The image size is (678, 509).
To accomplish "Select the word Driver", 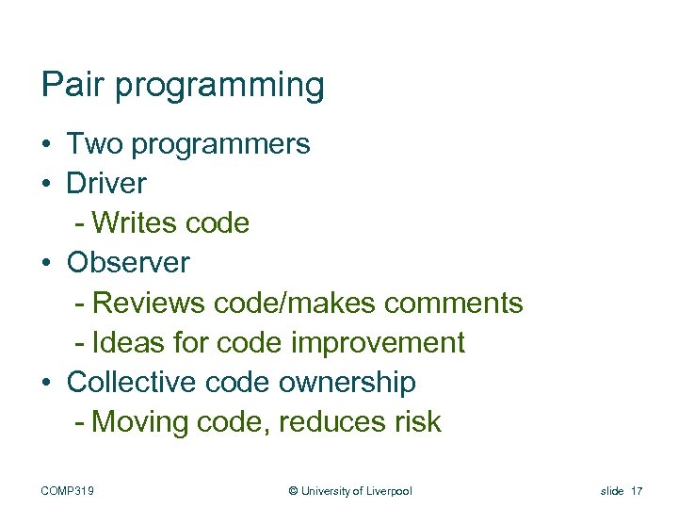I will pos(106,183).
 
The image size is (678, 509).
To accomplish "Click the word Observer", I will pos(128,263).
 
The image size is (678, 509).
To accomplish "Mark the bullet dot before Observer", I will pos(47,264).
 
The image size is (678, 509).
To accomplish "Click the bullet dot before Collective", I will pos(47,383).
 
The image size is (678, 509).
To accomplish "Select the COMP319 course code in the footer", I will pos(74,490).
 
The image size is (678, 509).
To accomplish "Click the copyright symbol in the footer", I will pos(293,490).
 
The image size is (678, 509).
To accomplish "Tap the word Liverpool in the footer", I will pos(387,490).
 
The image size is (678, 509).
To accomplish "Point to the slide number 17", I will pos(638,490).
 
